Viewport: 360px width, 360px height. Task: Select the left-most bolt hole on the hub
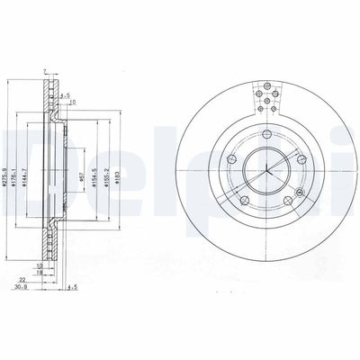230,160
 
